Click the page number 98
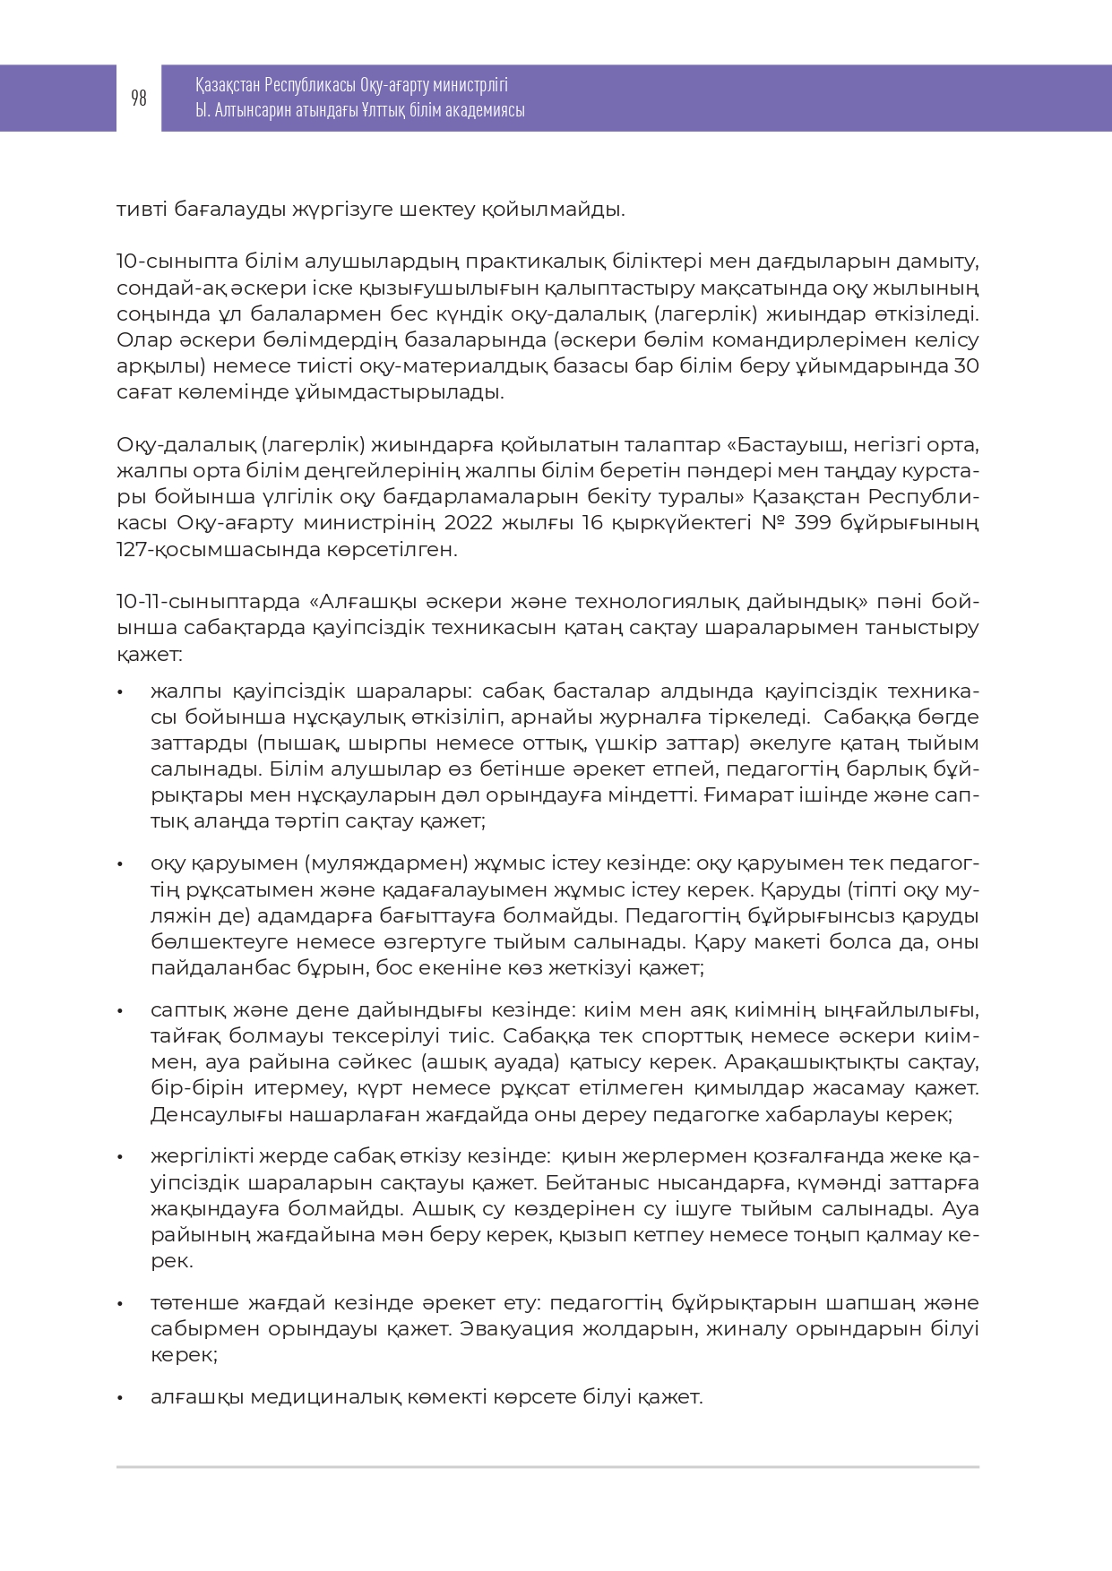[139, 99]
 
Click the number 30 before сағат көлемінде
[966, 366]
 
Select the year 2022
[470, 523]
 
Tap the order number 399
[813, 523]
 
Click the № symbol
[772, 523]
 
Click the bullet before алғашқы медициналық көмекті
[120, 1397]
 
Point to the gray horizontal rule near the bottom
[547, 1467]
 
